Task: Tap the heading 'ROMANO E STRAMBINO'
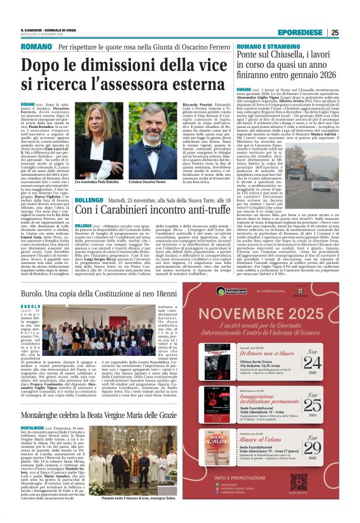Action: [x=263, y=47]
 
